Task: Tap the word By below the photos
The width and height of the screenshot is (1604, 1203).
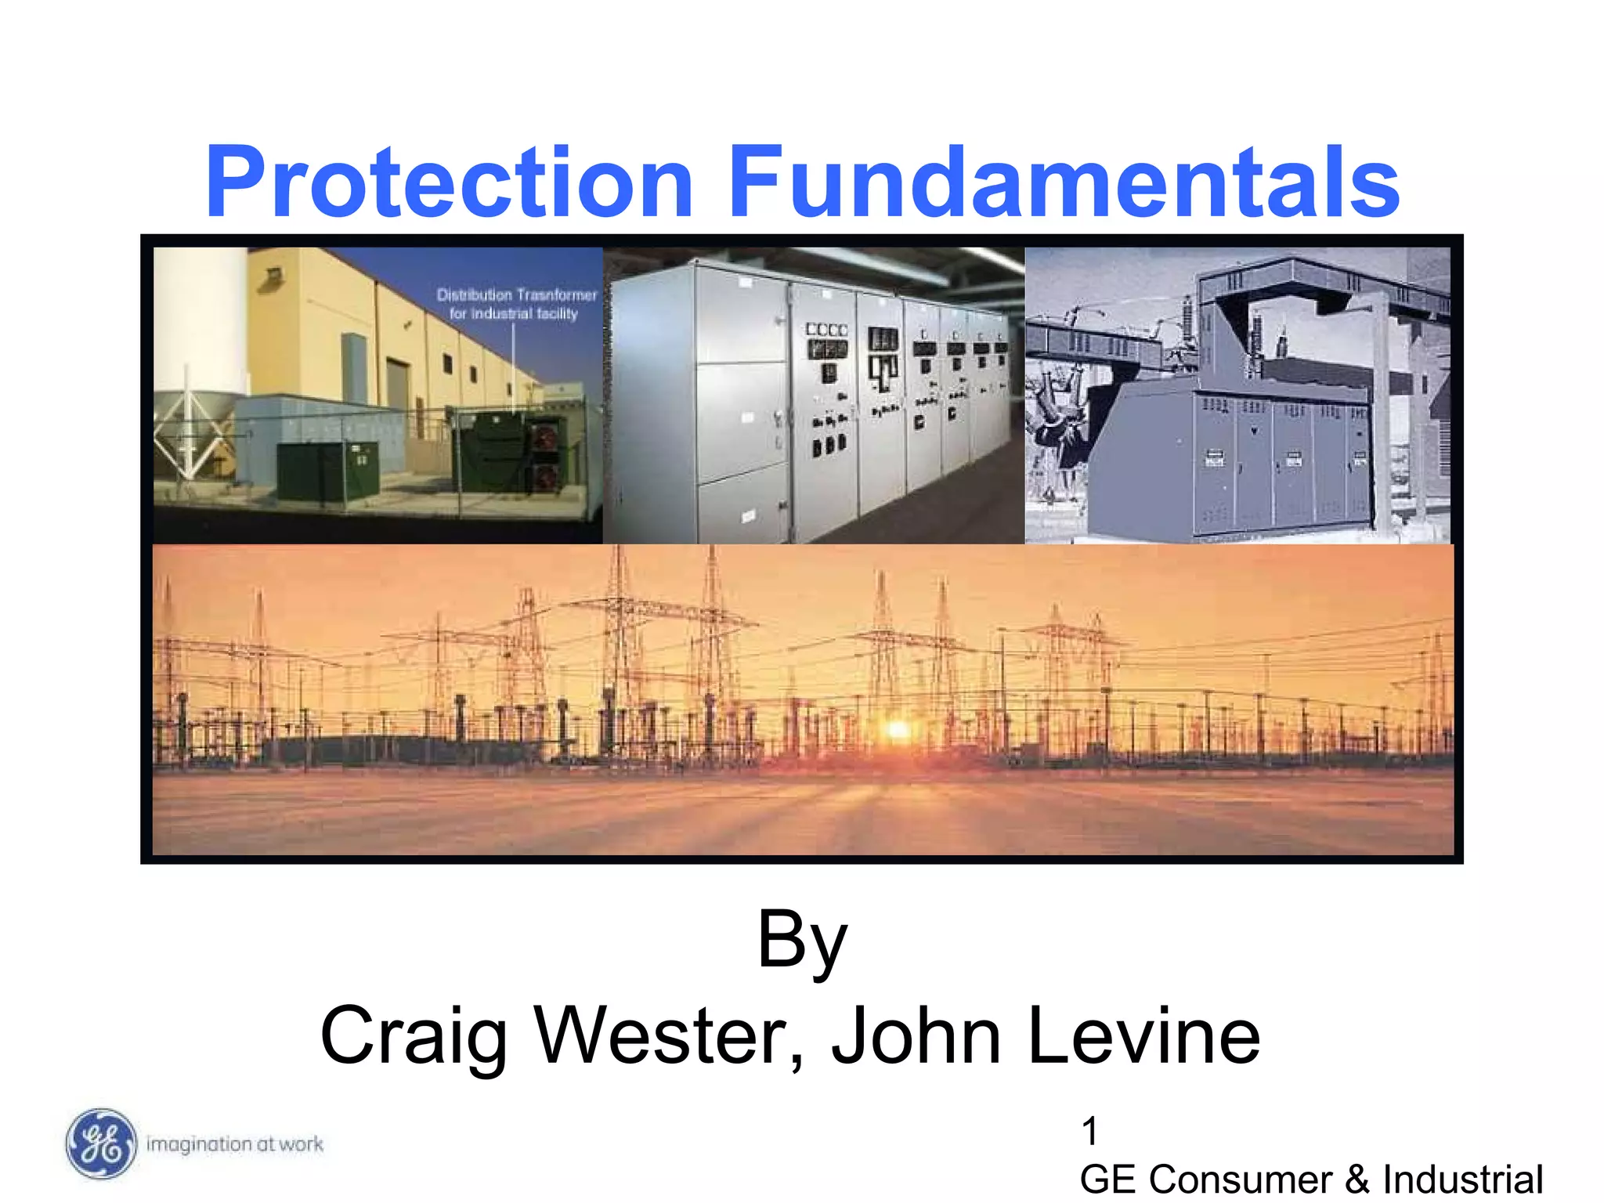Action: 802,940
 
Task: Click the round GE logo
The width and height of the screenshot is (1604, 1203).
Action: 100,1143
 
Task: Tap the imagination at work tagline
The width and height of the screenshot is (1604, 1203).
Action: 235,1144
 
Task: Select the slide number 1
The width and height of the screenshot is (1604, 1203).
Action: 1089,1131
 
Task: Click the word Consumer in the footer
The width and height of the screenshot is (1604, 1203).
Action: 1241,1180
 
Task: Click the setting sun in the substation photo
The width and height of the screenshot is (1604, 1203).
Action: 898,730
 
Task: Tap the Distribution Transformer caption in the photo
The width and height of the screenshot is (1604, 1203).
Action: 516,304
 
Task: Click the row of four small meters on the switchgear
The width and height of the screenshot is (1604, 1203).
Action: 827,330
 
